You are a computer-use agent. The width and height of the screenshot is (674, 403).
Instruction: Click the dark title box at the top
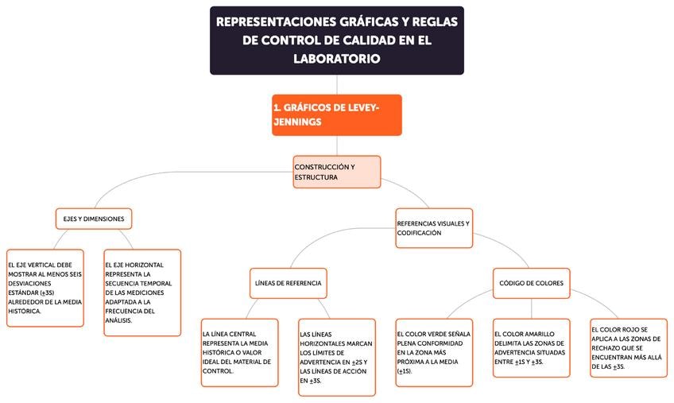click(x=336, y=41)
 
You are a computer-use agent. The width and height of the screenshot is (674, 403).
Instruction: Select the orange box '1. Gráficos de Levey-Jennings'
click(x=336, y=114)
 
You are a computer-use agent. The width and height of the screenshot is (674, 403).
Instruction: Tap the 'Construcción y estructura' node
click(x=336, y=172)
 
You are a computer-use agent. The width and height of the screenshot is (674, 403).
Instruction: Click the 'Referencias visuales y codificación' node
click(x=433, y=228)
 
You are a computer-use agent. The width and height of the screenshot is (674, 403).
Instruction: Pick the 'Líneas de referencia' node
click(x=288, y=283)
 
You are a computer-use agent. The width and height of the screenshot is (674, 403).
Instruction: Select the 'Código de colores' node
click(x=531, y=283)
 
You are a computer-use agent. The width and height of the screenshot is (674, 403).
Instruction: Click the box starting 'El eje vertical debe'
click(x=45, y=287)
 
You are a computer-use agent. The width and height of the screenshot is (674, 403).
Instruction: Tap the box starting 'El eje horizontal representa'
click(x=142, y=293)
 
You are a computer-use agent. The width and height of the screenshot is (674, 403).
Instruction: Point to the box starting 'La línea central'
click(x=239, y=352)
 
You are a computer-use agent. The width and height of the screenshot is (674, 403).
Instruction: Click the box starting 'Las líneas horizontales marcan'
click(x=336, y=357)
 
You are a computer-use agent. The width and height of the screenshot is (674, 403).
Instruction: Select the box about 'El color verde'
click(x=433, y=352)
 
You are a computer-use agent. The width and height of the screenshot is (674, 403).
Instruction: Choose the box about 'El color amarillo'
click(x=531, y=347)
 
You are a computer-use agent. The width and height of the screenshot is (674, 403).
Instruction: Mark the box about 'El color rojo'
click(x=628, y=347)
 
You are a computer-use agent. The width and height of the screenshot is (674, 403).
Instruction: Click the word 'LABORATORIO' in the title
click(x=336, y=59)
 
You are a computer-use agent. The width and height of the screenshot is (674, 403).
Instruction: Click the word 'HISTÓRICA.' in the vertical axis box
click(x=25, y=312)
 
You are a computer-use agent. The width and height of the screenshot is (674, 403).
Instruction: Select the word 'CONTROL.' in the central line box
click(x=219, y=371)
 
